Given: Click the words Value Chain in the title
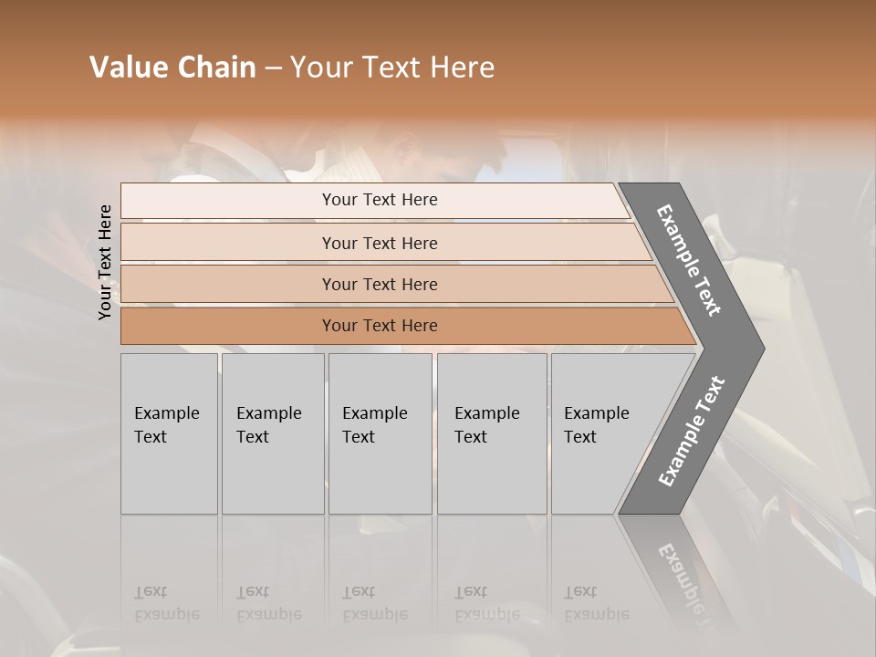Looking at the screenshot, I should (x=172, y=68).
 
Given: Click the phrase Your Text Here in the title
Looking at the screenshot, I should (x=392, y=68).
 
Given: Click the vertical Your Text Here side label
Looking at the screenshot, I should (x=106, y=263).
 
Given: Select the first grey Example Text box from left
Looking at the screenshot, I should (x=169, y=433).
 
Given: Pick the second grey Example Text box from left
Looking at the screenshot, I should (x=272, y=433).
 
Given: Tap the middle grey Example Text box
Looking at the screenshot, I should (x=380, y=433).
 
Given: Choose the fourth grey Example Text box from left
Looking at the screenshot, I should (x=491, y=433).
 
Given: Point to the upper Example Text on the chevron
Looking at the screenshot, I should (x=690, y=260).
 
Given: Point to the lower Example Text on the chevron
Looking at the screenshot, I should (x=692, y=432).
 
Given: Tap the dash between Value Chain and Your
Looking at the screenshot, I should (x=273, y=68).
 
